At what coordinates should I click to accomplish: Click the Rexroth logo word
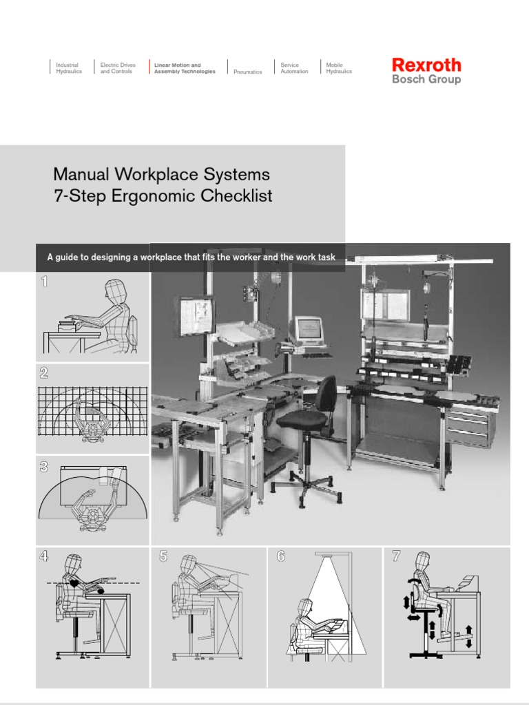click(x=426, y=65)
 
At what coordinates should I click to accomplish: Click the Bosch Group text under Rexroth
click(x=426, y=79)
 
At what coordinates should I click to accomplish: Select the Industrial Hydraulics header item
click(x=69, y=68)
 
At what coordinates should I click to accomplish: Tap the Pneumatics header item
click(x=247, y=72)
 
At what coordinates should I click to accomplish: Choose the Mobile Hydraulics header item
click(x=339, y=68)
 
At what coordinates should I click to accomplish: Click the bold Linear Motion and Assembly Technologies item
click(x=185, y=68)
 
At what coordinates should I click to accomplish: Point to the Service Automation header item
click(x=294, y=68)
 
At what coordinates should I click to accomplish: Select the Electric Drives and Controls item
click(x=118, y=68)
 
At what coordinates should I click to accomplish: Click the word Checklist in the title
click(x=236, y=196)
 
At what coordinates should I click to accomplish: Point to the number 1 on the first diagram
click(x=45, y=281)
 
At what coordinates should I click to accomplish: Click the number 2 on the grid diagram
click(x=44, y=373)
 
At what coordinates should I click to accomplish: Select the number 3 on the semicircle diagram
click(x=44, y=467)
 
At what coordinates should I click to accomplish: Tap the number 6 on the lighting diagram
click(x=281, y=557)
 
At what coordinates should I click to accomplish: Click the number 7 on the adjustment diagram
click(x=396, y=557)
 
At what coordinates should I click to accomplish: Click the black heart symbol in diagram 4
click(x=74, y=582)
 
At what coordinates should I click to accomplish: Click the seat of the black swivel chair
click(x=302, y=419)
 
